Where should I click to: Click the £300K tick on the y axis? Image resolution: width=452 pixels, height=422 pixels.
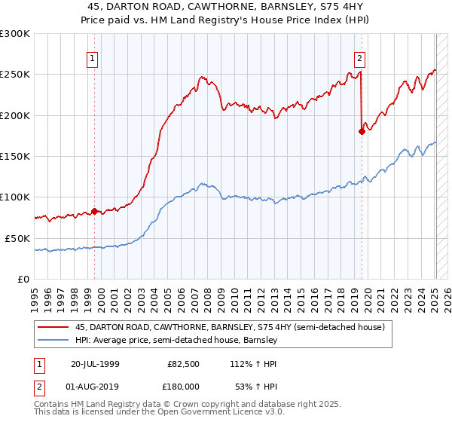15,34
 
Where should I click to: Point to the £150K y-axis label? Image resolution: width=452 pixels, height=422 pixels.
15,156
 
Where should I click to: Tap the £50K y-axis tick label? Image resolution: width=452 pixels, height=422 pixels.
18,237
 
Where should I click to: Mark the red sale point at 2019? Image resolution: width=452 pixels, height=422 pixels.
362,131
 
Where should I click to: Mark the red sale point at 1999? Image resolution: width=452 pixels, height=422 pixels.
94,211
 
